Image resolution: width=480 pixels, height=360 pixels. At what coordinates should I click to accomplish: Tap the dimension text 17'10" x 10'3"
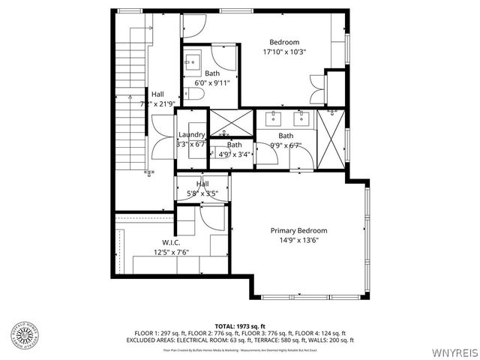[284, 52]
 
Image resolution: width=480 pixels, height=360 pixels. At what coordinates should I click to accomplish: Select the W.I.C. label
[171, 242]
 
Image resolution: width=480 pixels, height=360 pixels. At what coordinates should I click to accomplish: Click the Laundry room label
[191, 135]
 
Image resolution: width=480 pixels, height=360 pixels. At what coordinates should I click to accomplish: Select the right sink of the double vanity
[303, 118]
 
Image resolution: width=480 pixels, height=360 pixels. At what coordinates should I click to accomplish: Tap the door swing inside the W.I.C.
[211, 218]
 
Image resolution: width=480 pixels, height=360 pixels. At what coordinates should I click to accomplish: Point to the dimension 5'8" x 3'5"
[202, 193]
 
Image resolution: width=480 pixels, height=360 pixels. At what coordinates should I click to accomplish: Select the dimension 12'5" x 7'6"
[171, 253]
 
